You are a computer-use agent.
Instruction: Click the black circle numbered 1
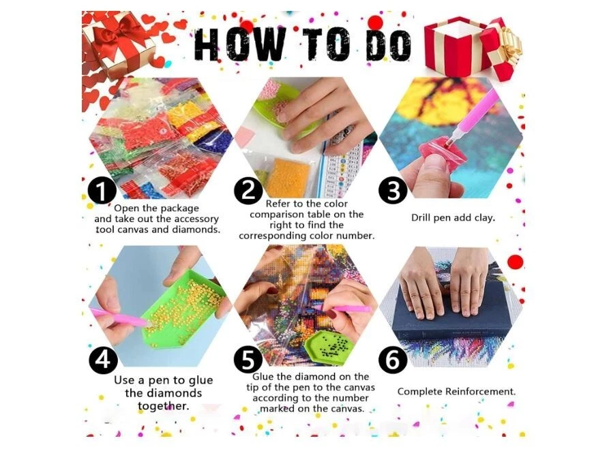(102, 191)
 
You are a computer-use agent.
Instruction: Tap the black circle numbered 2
(248, 190)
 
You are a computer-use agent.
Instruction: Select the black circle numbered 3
(393, 190)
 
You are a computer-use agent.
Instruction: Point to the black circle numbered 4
(103, 359)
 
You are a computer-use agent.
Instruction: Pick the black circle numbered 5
(248, 360)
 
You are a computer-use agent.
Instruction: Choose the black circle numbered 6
(393, 359)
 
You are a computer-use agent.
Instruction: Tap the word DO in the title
(390, 45)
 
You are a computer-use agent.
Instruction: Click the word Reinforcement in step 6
(480, 391)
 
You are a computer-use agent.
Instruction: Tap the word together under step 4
(163, 406)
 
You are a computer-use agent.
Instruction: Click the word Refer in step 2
(278, 204)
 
